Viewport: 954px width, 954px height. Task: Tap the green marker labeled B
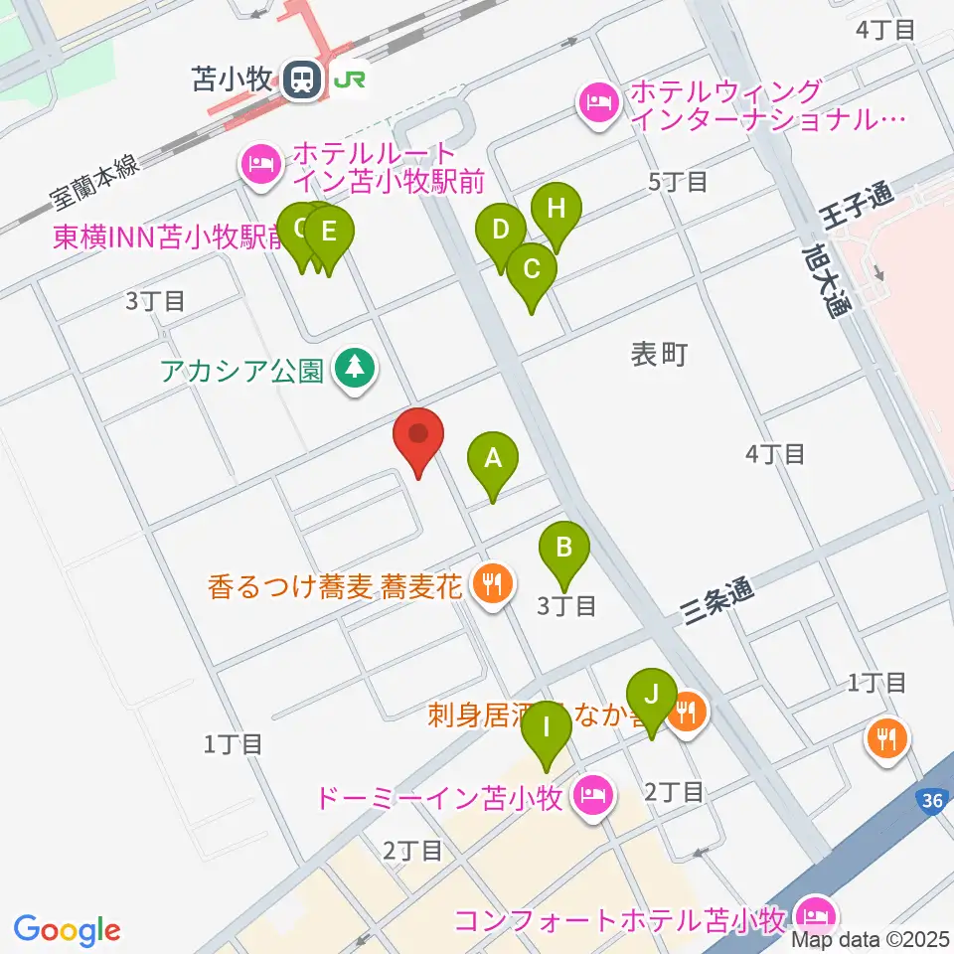564,548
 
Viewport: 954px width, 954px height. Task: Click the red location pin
418,435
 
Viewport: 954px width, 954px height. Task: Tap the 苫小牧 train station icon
301,79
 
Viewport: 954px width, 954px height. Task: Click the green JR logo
347,80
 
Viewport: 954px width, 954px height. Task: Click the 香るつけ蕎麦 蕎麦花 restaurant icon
490,581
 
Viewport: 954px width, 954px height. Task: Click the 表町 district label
660,354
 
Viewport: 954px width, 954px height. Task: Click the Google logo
67,929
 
